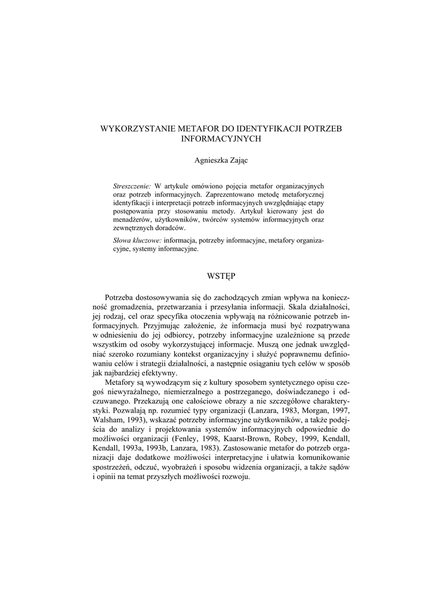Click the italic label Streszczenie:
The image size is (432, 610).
click(x=132, y=185)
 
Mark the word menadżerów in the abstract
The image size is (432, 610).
click(x=131, y=219)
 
